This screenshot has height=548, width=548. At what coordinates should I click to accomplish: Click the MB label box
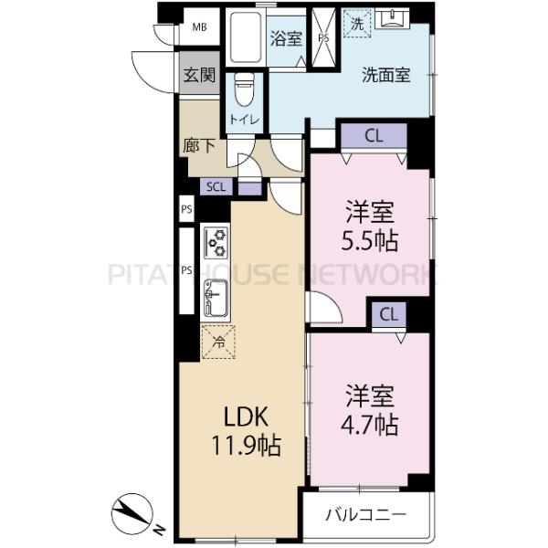[x=199, y=26]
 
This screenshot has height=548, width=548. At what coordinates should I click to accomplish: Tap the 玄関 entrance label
[x=198, y=76]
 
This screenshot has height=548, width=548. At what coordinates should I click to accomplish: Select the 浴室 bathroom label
[x=285, y=38]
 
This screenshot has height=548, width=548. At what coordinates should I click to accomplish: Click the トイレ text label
[x=244, y=120]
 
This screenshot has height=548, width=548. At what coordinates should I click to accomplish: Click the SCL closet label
[x=216, y=187]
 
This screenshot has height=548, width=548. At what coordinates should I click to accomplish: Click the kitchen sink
[x=218, y=297]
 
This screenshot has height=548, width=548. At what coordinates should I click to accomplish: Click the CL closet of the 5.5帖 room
[x=373, y=137]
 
